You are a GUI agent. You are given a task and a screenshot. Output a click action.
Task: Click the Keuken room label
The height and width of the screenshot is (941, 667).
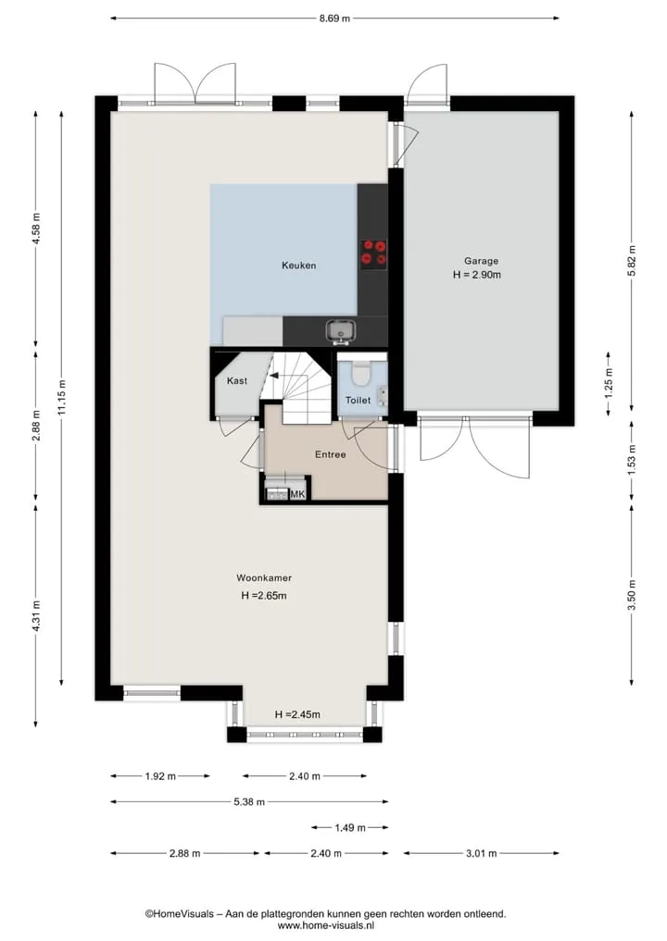(x=298, y=266)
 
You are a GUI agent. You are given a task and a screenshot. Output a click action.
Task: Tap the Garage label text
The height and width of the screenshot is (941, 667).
(x=481, y=261)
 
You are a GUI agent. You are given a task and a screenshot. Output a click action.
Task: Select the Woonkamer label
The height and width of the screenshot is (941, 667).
(x=264, y=578)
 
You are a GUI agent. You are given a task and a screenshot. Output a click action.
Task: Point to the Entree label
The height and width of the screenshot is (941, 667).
(x=331, y=454)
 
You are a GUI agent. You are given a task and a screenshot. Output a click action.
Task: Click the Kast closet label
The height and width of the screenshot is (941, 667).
(x=237, y=380)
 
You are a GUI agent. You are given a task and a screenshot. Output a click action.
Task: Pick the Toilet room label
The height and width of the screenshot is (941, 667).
(x=358, y=400)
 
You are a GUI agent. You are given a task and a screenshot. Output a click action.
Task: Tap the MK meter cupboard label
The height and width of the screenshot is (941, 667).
(x=297, y=494)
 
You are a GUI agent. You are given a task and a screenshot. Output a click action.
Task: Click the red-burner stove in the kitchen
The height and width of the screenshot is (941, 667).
(x=373, y=254)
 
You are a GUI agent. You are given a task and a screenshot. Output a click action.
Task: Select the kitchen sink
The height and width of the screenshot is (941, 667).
(x=341, y=331)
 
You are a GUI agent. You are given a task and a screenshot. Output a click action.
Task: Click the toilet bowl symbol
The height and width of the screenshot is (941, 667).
(x=361, y=373)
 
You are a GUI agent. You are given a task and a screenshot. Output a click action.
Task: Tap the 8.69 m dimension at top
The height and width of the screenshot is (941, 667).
(x=334, y=18)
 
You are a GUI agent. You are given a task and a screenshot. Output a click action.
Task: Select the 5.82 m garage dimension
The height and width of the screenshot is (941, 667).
(x=631, y=261)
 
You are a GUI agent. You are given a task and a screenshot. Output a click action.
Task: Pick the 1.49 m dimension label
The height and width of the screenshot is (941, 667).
(x=350, y=827)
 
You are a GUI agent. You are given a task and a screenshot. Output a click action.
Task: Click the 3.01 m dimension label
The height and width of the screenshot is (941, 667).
(x=481, y=853)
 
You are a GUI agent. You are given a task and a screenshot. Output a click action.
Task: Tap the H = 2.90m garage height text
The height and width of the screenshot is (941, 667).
(x=477, y=275)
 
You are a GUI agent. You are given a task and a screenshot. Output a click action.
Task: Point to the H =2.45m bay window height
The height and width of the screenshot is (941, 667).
(x=297, y=714)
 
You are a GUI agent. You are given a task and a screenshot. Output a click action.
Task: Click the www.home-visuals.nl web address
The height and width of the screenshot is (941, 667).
(x=326, y=925)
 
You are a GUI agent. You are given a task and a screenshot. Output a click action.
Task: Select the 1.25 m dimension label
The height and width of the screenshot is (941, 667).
(x=609, y=383)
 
